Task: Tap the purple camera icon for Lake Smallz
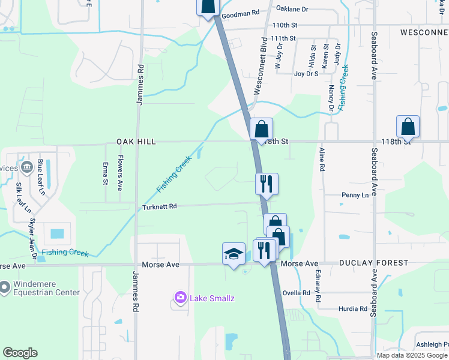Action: pos(179,297)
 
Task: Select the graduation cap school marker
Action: pos(234,254)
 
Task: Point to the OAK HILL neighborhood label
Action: pos(136,142)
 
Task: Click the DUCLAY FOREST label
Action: pos(373,263)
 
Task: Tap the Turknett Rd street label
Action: pos(160,207)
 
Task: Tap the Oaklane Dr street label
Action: pos(292,9)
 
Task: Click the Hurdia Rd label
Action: pos(352,309)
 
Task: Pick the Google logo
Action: pos(20,353)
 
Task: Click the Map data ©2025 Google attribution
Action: pos(412,355)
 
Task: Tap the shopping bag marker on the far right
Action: pos(408,127)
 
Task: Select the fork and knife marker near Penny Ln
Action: pos(267,184)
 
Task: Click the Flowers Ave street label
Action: pos(120,173)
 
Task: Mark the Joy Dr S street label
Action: pos(306,74)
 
